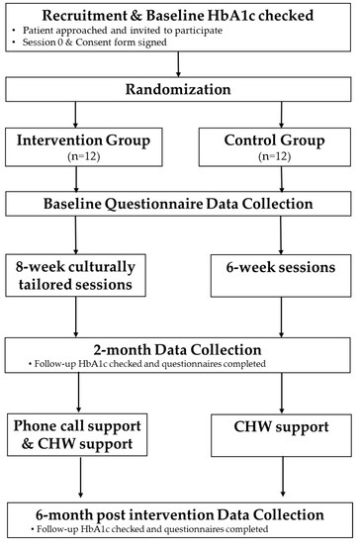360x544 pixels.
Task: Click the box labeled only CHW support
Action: pyautogui.click(x=283, y=438)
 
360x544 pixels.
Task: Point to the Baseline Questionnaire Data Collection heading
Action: pyautogui.click(x=180, y=206)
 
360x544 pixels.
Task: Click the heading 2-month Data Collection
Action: pyautogui.click(x=180, y=348)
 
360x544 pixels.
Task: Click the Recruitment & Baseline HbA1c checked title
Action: pyautogui.click(x=180, y=13)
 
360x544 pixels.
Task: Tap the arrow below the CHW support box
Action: pyautogui.click(x=283, y=482)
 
